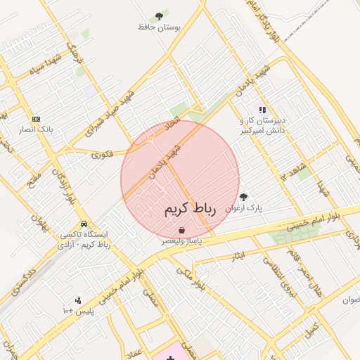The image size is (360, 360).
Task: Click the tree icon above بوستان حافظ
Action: point(160,15)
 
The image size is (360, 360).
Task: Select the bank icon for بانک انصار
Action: point(37,119)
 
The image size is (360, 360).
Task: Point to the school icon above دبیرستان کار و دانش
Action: point(262,110)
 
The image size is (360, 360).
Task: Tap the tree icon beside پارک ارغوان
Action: point(243,198)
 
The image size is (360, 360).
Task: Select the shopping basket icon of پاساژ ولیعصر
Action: point(182,230)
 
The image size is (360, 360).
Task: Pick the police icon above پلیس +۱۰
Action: point(77,300)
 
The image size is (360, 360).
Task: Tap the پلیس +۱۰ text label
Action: point(78,311)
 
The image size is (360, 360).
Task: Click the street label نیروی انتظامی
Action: point(276,274)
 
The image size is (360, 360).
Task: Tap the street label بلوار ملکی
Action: point(190,277)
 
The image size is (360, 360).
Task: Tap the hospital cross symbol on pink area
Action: point(170,358)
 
